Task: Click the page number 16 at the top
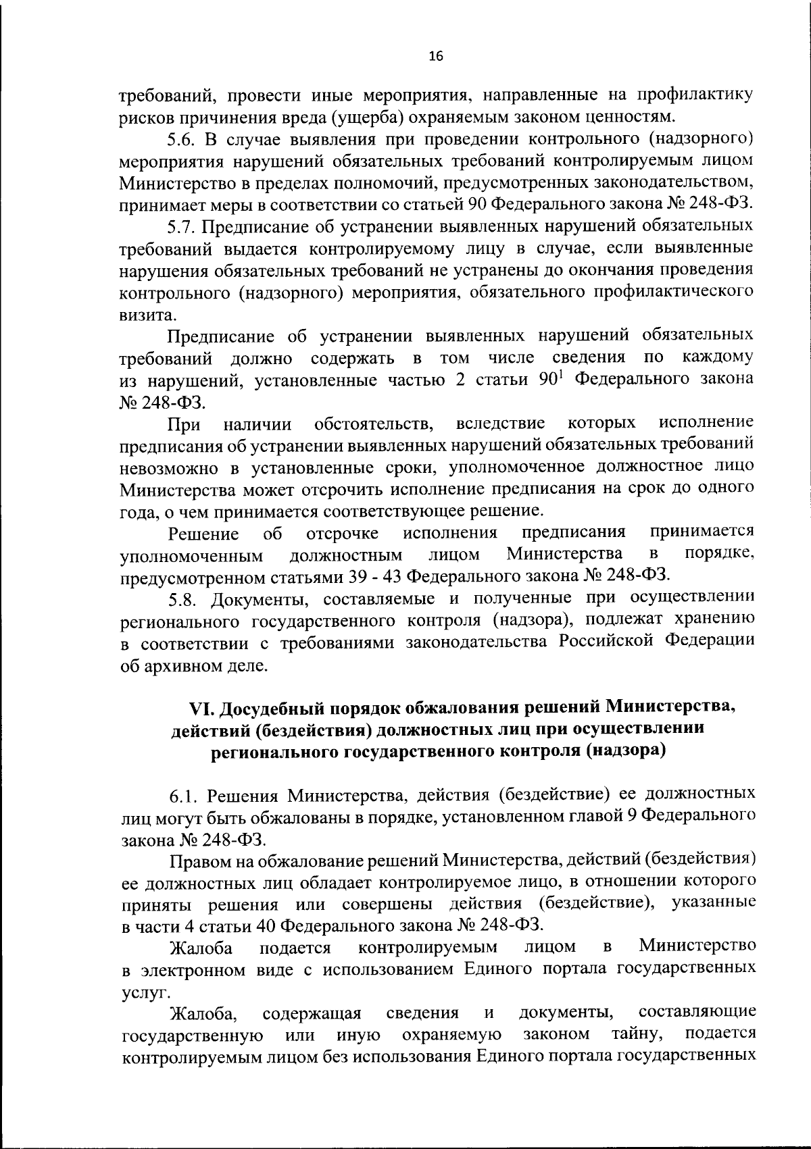[435, 57]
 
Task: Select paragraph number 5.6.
[180, 141]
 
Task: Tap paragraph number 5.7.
[180, 226]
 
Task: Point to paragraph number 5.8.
[180, 599]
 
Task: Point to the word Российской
[608, 642]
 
